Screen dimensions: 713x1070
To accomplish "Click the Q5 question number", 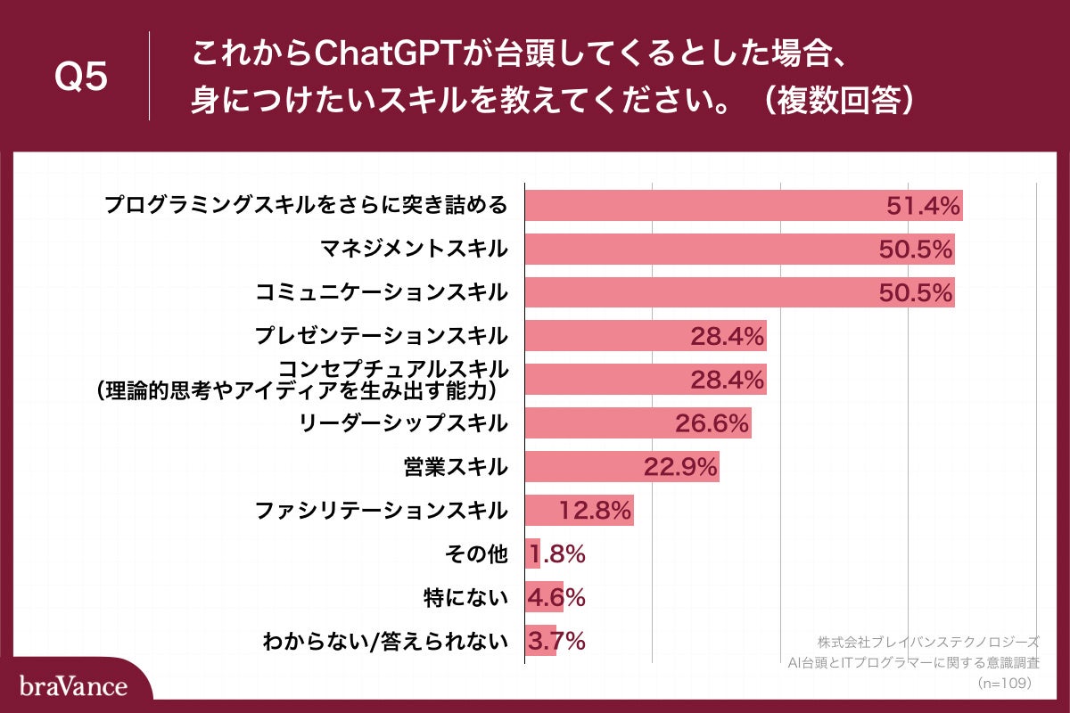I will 81,78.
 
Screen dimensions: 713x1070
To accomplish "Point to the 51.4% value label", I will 923,206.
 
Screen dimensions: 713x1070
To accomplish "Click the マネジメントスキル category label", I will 414,249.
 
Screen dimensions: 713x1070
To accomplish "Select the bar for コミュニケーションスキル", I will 695,292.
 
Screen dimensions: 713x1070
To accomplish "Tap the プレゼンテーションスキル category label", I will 381,336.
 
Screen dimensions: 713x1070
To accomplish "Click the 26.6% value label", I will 711,423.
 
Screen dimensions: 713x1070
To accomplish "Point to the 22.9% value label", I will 680,467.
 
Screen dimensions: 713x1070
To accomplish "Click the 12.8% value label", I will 596,511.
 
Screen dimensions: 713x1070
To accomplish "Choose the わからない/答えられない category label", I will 384,641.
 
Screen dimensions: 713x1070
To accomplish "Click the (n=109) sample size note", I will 1004,682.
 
